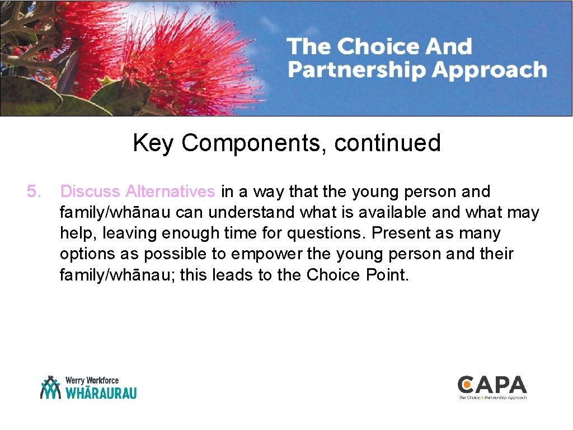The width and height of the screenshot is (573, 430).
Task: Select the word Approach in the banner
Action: pyautogui.click(x=490, y=71)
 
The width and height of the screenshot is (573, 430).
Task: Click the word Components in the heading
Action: pyautogui.click(x=255, y=143)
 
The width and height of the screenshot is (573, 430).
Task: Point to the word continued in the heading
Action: pyautogui.click(x=387, y=143)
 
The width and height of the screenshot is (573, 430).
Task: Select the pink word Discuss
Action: pyautogui.click(x=90, y=191)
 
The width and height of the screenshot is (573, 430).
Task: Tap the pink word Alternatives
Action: pyautogui.click(x=170, y=191)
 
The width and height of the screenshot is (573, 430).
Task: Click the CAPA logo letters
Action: pyautogui.click(x=492, y=385)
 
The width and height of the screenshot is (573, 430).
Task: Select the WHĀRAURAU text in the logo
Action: pyautogui.click(x=101, y=393)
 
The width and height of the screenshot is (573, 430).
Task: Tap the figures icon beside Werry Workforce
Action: pyautogui.click(x=50, y=387)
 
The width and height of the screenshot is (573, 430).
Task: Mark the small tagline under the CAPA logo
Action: pyautogui.click(x=492, y=398)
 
